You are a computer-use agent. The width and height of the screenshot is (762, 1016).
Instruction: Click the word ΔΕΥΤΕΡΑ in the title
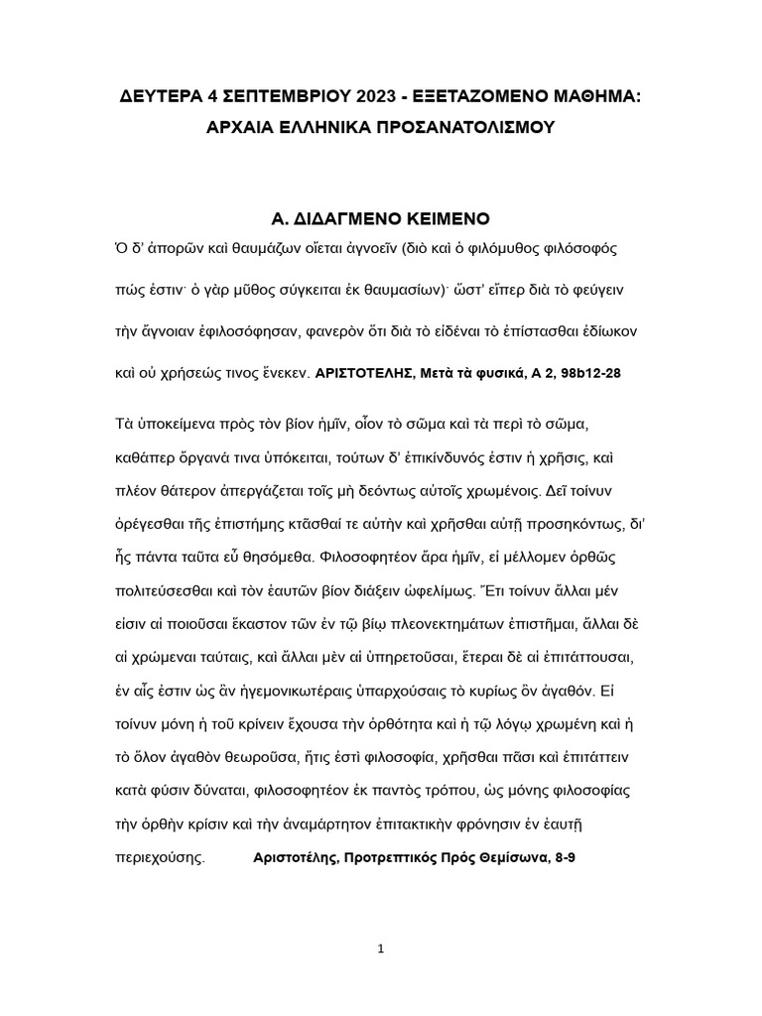click(x=160, y=97)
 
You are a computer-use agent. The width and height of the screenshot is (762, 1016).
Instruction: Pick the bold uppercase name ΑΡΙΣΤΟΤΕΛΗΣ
click(x=372, y=374)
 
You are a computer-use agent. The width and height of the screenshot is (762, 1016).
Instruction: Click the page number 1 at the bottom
click(x=380, y=950)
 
